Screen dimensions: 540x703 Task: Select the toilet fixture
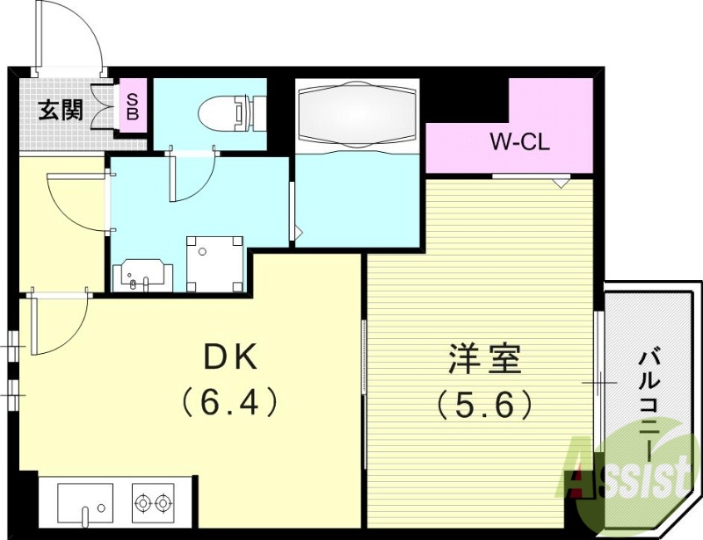[x=227, y=112]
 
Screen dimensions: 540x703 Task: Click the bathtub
[x=355, y=117]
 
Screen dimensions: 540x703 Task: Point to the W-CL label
[x=519, y=141]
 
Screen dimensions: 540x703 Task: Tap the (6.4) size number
[x=230, y=403]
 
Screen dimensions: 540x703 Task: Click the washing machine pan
[x=214, y=263]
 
